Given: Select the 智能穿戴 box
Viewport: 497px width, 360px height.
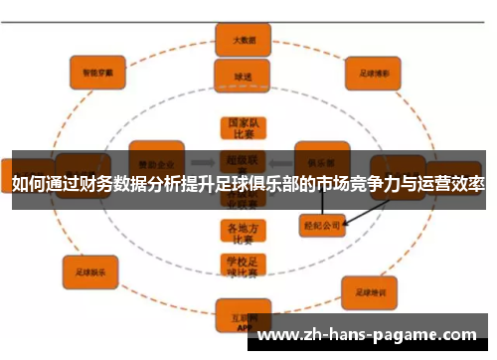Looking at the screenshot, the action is click(96, 71).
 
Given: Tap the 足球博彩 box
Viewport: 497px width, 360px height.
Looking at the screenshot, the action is click(371, 72).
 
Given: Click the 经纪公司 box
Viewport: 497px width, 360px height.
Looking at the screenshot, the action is click(321, 226).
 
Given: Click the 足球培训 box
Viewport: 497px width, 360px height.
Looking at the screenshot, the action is click(370, 292).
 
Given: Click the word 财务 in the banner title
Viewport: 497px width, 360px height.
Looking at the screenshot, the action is click(122, 185).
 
